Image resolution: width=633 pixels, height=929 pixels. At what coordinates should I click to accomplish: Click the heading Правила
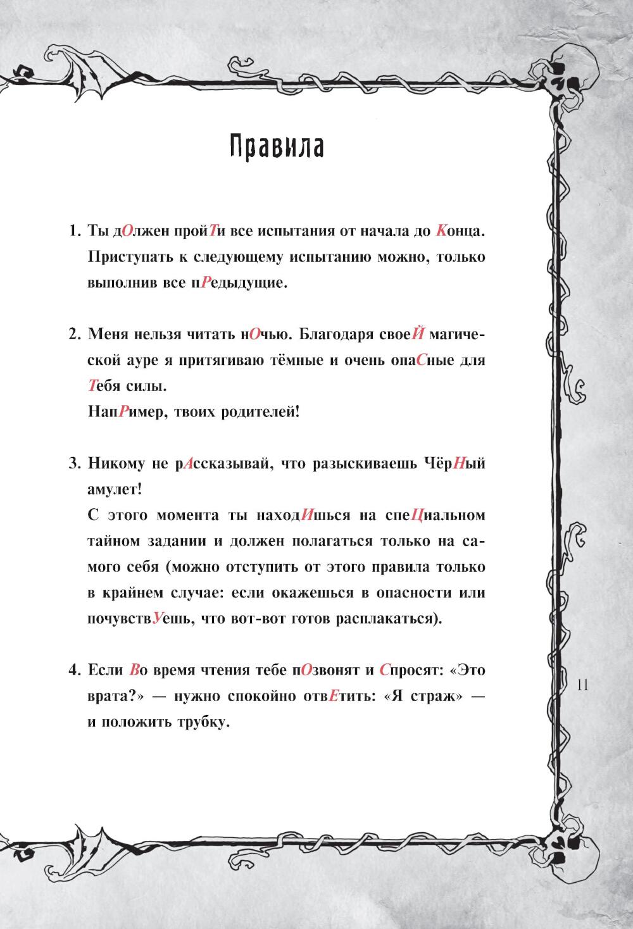pyautogui.click(x=276, y=147)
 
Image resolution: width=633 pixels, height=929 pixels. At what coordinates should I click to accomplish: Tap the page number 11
pyautogui.click(x=582, y=685)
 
